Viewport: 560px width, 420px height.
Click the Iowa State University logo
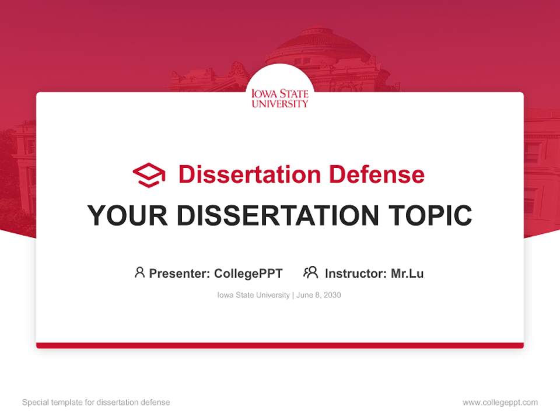[x=280, y=98]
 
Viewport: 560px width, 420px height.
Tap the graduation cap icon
[x=149, y=175]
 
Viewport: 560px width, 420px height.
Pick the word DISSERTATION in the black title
[x=278, y=216]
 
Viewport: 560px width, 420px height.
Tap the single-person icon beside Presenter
[x=139, y=272]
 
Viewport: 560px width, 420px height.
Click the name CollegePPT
[x=248, y=273]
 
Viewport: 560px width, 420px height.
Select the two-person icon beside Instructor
[x=310, y=272]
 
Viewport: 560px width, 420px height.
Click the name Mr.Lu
[x=407, y=273]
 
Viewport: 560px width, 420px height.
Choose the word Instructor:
[x=356, y=273]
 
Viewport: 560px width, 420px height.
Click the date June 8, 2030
[x=318, y=295]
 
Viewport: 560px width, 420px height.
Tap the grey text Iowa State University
[x=253, y=295]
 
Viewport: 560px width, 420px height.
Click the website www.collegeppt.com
[x=500, y=402]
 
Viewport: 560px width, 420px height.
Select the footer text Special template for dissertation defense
[x=96, y=402]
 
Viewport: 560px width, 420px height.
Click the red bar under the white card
[x=280, y=345]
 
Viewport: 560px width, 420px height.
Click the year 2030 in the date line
[x=332, y=295]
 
